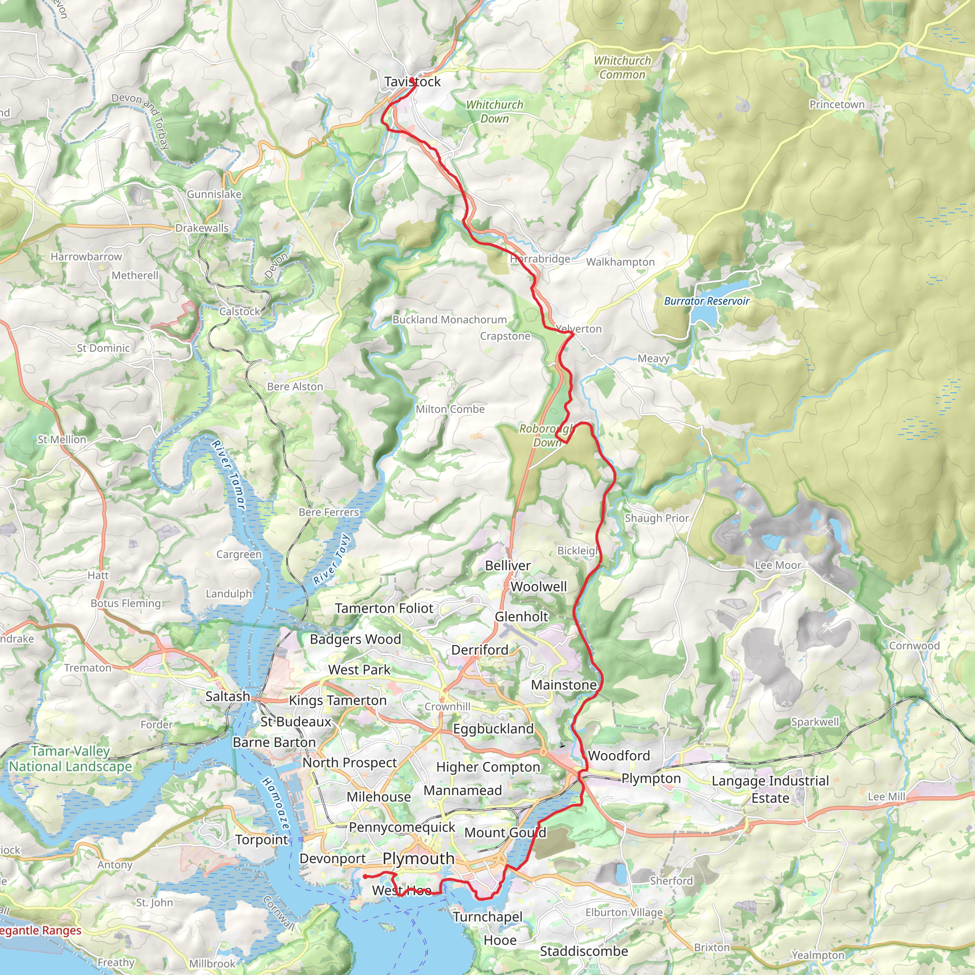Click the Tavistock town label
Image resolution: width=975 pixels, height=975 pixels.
pyautogui.click(x=412, y=82)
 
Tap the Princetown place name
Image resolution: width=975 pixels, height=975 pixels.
pyautogui.click(x=837, y=104)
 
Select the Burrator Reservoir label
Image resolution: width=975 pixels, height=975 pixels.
pyautogui.click(x=706, y=301)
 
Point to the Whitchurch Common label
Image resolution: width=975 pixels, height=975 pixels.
pyautogui.click(x=622, y=68)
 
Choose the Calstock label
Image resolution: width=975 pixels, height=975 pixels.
pyautogui.click(x=239, y=311)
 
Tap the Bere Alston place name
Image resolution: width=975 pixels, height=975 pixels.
pyautogui.click(x=295, y=387)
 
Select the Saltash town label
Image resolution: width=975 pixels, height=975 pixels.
pyautogui.click(x=228, y=696)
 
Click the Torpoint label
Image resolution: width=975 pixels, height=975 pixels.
pyautogui.click(x=261, y=840)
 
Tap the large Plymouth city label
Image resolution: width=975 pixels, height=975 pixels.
pyautogui.click(x=418, y=858)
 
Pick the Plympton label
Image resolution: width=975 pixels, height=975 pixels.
pyautogui.click(x=651, y=779)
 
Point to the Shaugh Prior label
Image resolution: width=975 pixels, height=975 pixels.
pyautogui.click(x=657, y=518)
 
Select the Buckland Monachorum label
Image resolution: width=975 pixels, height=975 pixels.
pyautogui.click(x=449, y=319)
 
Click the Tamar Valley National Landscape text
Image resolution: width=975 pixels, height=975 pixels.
pyautogui.click(x=70, y=759)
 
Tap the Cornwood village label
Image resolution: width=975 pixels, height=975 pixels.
pyautogui.click(x=914, y=646)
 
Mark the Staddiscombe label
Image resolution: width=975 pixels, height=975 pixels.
pyautogui.click(x=583, y=951)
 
